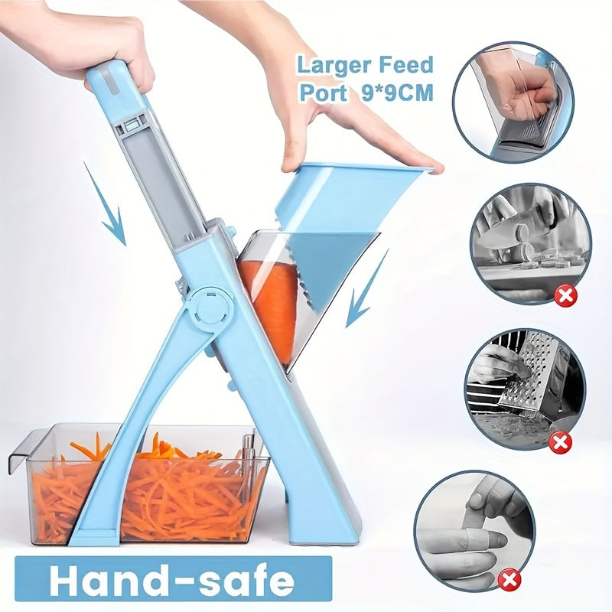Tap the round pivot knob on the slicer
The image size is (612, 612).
(209, 308)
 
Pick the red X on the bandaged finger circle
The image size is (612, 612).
(509, 579)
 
